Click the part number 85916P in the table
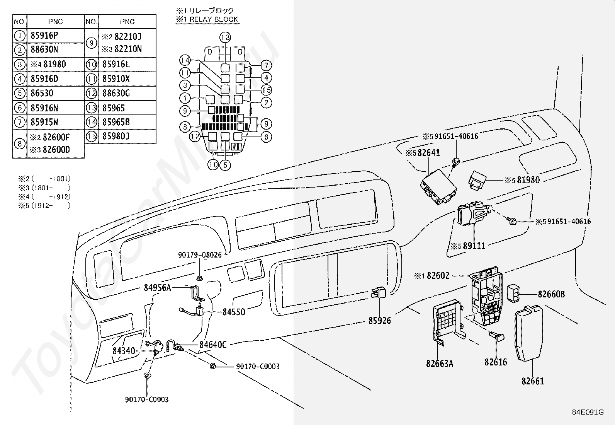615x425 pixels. point(44,36)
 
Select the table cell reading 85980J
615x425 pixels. point(116,136)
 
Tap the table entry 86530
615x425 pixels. point(42,93)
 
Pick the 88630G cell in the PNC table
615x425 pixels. point(116,93)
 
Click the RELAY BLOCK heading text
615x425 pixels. point(214,19)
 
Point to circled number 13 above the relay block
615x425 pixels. point(225,38)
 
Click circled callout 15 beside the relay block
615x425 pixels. point(266,90)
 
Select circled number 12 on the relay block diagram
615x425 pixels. point(195,137)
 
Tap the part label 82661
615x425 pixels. point(533,381)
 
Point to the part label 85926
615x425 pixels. point(379,321)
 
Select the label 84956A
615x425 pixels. point(157,288)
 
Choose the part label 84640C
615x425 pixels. point(213,345)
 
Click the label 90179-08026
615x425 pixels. point(200,255)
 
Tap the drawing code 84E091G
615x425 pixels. point(588,412)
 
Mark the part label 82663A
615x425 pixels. point(440,364)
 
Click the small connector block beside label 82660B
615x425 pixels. point(513,293)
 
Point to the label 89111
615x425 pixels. point(474,246)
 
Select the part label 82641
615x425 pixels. point(428,153)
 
